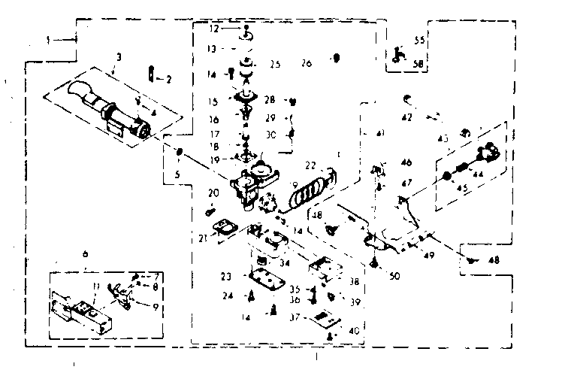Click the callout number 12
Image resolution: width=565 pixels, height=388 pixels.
tap(213, 29)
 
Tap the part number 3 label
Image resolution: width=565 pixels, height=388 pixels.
tap(119, 56)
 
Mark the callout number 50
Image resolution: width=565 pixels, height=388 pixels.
tap(394, 276)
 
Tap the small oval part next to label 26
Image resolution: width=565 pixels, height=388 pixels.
tap(337, 57)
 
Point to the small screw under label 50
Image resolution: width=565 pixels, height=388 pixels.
tap(373, 262)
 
